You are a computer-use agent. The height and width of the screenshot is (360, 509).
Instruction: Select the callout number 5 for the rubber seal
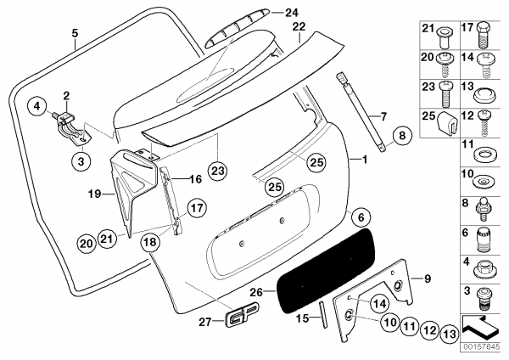(75, 34)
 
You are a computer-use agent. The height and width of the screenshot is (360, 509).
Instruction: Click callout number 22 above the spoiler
(298, 27)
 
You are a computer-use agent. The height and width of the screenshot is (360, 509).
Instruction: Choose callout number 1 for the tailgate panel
(365, 160)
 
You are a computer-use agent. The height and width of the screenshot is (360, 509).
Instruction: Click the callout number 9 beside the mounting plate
(428, 278)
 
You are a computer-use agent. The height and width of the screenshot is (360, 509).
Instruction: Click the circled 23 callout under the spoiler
(218, 170)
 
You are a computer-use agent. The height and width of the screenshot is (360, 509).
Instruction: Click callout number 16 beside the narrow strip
(194, 180)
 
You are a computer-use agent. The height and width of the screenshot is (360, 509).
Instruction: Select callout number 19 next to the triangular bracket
(95, 194)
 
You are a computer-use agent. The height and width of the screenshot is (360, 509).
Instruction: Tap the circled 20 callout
(85, 243)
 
